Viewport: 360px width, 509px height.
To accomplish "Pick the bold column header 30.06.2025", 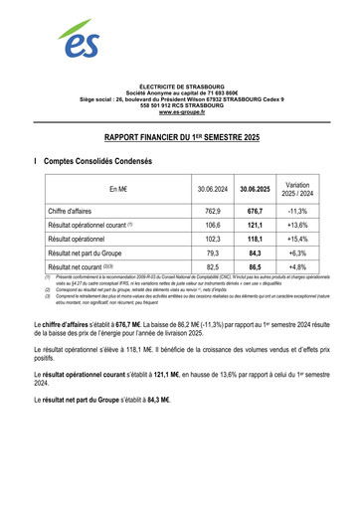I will coord(255,189).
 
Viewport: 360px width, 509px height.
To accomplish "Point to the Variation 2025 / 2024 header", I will coord(297,189).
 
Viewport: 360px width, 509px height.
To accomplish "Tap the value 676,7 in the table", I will coord(255,212).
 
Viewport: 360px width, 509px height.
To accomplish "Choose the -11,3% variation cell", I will coord(297,212).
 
